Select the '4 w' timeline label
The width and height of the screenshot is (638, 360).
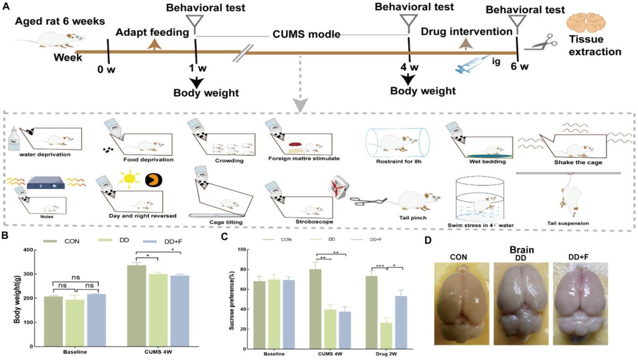[x=409, y=68]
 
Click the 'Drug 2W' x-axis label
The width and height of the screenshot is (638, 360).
[x=385, y=354]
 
